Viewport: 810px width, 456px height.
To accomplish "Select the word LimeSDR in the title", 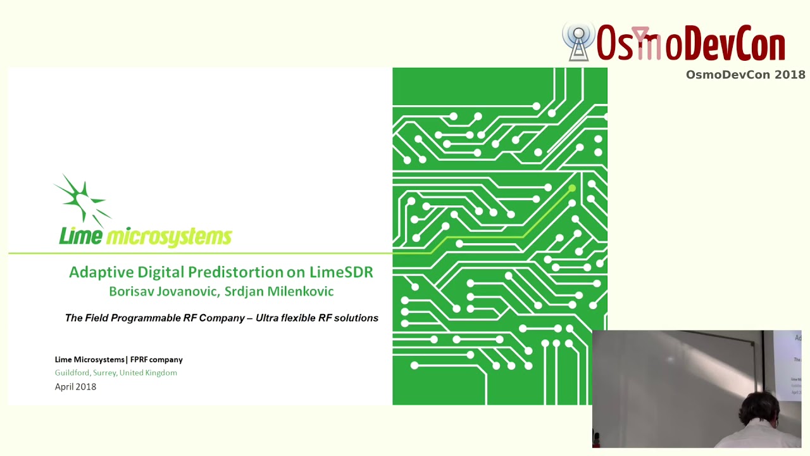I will pyautogui.click(x=341, y=272).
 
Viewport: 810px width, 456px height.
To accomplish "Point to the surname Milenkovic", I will pyautogui.click(x=300, y=291).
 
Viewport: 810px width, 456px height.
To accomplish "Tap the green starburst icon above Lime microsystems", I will pyautogui.click(x=82, y=199).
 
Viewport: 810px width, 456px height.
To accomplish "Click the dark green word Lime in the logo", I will pyautogui.click(x=80, y=236).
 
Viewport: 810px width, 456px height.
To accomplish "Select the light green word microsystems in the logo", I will pyautogui.click(x=169, y=237).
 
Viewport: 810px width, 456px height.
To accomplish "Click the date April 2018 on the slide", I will pyautogui.click(x=75, y=387).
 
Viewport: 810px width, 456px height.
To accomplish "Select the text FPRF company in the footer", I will pyautogui.click(x=156, y=360).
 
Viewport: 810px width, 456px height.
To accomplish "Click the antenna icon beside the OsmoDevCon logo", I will pyautogui.click(x=578, y=42).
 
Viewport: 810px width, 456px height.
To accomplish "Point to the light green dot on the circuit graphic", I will pyautogui.click(x=572, y=188).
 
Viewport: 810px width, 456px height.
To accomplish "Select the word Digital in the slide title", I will pyautogui.click(x=160, y=272).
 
